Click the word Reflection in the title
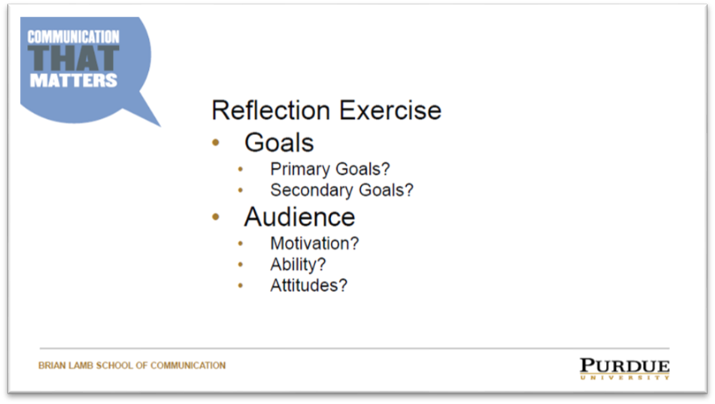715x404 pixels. click(271, 110)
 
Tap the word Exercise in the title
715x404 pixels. click(390, 110)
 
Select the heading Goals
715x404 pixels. click(279, 143)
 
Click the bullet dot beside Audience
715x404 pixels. click(215, 217)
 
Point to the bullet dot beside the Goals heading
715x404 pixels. click(215, 143)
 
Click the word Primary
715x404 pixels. click(300, 169)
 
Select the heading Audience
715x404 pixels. click(299, 217)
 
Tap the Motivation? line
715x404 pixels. click(314, 243)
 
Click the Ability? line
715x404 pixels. click(298, 265)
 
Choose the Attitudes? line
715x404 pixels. click(309, 286)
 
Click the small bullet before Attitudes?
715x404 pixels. click(241, 286)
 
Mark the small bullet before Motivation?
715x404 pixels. click(241, 244)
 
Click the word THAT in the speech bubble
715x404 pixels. click(73, 58)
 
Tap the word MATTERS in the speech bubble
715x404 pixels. click(73, 80)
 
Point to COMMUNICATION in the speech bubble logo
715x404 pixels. click(73, 37)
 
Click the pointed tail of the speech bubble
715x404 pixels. click(160, 125)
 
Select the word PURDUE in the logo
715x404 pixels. click(625, 366)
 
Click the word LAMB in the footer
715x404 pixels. click(80, 365)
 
